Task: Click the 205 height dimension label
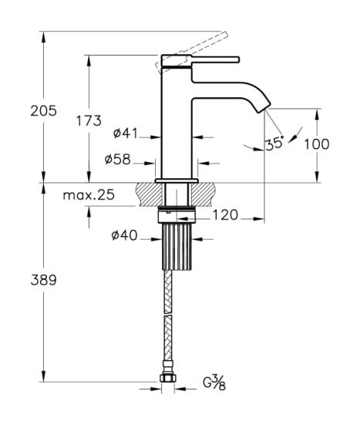point(43,110)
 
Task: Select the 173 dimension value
point(89,120)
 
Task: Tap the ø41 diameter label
point(126,133)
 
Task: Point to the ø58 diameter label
point(118,160)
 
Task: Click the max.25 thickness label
point(89,195)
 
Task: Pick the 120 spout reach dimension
point(225,215)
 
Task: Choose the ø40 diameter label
point(124,235)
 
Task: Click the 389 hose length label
point(43,280)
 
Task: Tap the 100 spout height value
point(317,144)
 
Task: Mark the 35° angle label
point(274,143)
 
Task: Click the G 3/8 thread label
point(214,382)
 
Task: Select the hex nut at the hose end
point(168,378)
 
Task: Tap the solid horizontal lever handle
point(216,59)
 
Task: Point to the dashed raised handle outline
point(191,52)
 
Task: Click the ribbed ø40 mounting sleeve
point(177,246)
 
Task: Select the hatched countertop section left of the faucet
point(150,194)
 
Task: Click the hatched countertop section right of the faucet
point(203,194)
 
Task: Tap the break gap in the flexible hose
point(168,314)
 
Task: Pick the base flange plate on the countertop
point(177,180)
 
